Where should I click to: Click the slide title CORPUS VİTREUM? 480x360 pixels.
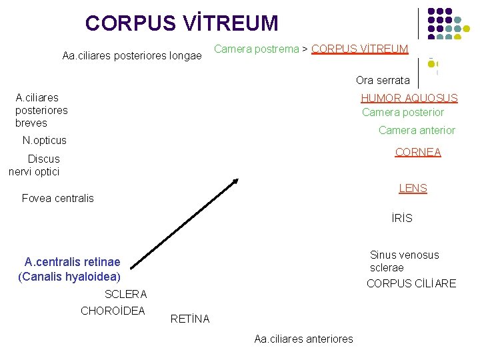coord(181,23)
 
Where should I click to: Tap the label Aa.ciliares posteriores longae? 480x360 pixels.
coord(131,56)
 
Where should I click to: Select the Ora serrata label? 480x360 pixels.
coord(383,81)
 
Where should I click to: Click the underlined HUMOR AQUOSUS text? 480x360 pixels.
coord(409,98)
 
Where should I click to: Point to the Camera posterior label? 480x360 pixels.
coord(403,112)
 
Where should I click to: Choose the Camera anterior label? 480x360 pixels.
coord(417,130)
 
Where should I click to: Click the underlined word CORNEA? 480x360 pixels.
coord(418,152)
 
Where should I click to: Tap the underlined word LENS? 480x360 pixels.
coord(413,188)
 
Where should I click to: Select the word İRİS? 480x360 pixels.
coord(402,218)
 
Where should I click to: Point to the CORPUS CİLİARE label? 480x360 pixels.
coord(411,283)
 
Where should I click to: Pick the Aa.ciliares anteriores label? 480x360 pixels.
coord(303,339)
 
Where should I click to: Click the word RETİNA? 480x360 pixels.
coord(190,319)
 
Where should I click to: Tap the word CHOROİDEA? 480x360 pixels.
coord(113,310)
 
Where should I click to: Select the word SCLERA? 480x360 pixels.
coord(126,294)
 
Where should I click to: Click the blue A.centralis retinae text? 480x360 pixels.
coord(72,262)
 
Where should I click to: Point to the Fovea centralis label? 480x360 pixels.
coord(58,198)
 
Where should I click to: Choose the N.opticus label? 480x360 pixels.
coord(45,140)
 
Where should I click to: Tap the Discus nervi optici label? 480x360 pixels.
coord(35,165)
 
